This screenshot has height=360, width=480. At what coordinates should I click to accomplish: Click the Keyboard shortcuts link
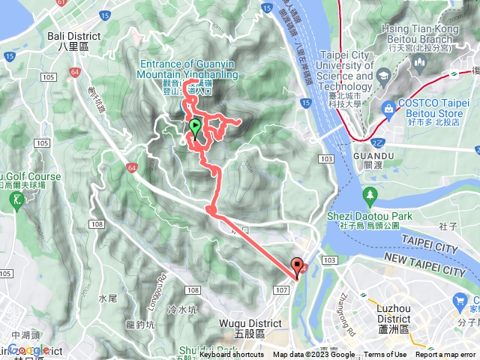[x=232, y=355]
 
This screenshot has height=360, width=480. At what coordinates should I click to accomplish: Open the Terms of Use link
[x=385, y=355]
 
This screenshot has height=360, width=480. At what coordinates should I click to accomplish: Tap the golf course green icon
[x=17, y=200]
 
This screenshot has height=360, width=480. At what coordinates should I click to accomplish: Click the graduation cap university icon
[x=383, y=76]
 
